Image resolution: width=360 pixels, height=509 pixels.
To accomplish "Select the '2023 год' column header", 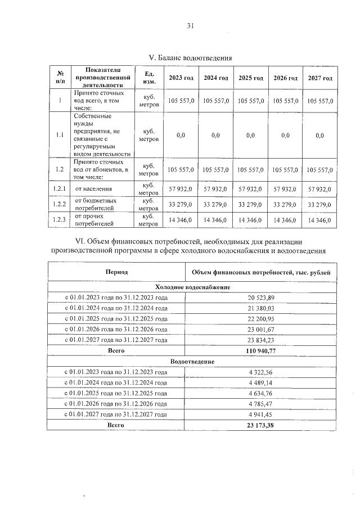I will [181, 78].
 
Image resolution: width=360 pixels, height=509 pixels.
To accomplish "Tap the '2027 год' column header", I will [320, 78].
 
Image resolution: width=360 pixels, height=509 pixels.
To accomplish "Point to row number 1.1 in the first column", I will [60, 135].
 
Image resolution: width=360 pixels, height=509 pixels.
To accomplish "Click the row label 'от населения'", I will [93, 189].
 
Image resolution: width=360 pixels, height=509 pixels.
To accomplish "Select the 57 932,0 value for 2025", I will [250, 189].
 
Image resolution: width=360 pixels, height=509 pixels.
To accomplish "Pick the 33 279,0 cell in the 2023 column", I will [181, 204].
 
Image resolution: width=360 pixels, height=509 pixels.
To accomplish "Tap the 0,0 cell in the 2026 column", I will [285, 135].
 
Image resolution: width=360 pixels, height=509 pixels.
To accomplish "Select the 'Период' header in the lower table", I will [116, 272].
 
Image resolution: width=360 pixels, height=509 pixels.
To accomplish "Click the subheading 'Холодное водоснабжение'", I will [192, 287].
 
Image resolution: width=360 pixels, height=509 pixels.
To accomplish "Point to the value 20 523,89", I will [260, 298].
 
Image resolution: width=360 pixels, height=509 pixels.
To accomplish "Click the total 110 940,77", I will [260, 350].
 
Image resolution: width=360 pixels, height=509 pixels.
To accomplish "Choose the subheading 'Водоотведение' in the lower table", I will [192, 361].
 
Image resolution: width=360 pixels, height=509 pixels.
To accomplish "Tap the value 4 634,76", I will [260, 393].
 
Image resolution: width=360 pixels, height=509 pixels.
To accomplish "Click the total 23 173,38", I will [260, 425].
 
